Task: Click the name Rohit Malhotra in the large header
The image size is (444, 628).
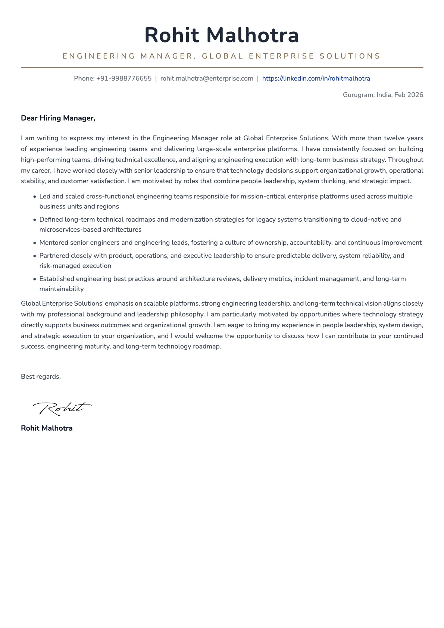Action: tap(222, 35)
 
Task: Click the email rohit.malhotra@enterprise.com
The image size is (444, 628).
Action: tap(207, 78)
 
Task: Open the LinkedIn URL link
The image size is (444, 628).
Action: tap(316, 78)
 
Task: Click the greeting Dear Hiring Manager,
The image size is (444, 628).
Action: tap(58, 118)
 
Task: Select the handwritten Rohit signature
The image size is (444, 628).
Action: tap(62, 408)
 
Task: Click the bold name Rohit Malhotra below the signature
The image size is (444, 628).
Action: tap(47, 428)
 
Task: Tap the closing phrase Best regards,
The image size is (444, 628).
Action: tap(41, 377)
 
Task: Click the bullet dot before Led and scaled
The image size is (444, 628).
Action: tap(35, 197)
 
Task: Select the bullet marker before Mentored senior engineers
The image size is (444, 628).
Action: tap(35, 243)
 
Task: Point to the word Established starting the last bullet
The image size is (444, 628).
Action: tap(57, 279)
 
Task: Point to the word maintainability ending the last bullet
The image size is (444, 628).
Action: tap(62, 289)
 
